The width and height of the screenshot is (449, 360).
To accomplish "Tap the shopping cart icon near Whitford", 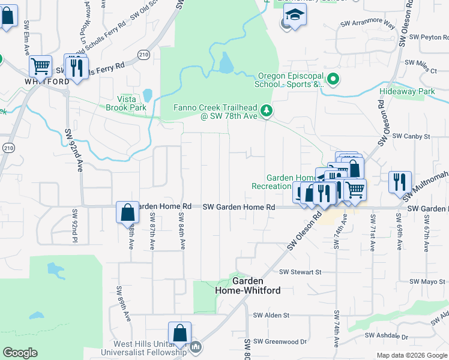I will [x=40, y=65].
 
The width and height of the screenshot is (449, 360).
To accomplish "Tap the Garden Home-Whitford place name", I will [x=247, y=286].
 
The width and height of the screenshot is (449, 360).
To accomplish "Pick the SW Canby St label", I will [x=411, y=137].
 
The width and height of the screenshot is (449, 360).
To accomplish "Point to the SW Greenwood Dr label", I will [x=280, y=341].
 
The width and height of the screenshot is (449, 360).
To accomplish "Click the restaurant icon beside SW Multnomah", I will [x=400, y=181].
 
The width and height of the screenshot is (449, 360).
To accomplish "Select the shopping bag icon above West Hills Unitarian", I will [x=179, y=332].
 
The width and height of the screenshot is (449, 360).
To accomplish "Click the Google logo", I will [x=20, y=353].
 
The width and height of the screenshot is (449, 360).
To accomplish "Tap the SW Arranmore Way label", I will [x=367, y=25].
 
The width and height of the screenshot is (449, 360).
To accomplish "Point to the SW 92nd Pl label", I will [x=75, y=221].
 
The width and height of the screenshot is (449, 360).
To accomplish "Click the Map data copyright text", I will [x=411, y=355].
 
